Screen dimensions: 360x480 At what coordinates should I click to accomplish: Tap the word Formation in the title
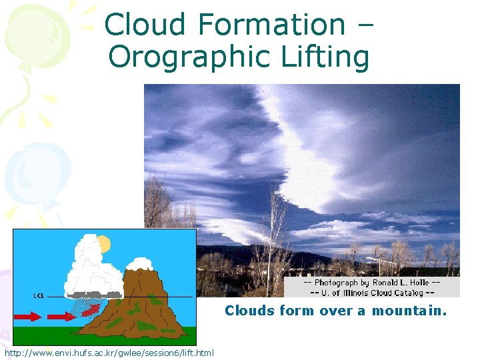[271, 25]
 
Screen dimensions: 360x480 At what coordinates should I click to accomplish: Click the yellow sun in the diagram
[103, 244]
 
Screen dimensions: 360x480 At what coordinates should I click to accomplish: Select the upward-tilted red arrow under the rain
[93, 309]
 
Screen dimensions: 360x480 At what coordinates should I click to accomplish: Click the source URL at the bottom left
[109, 352]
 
